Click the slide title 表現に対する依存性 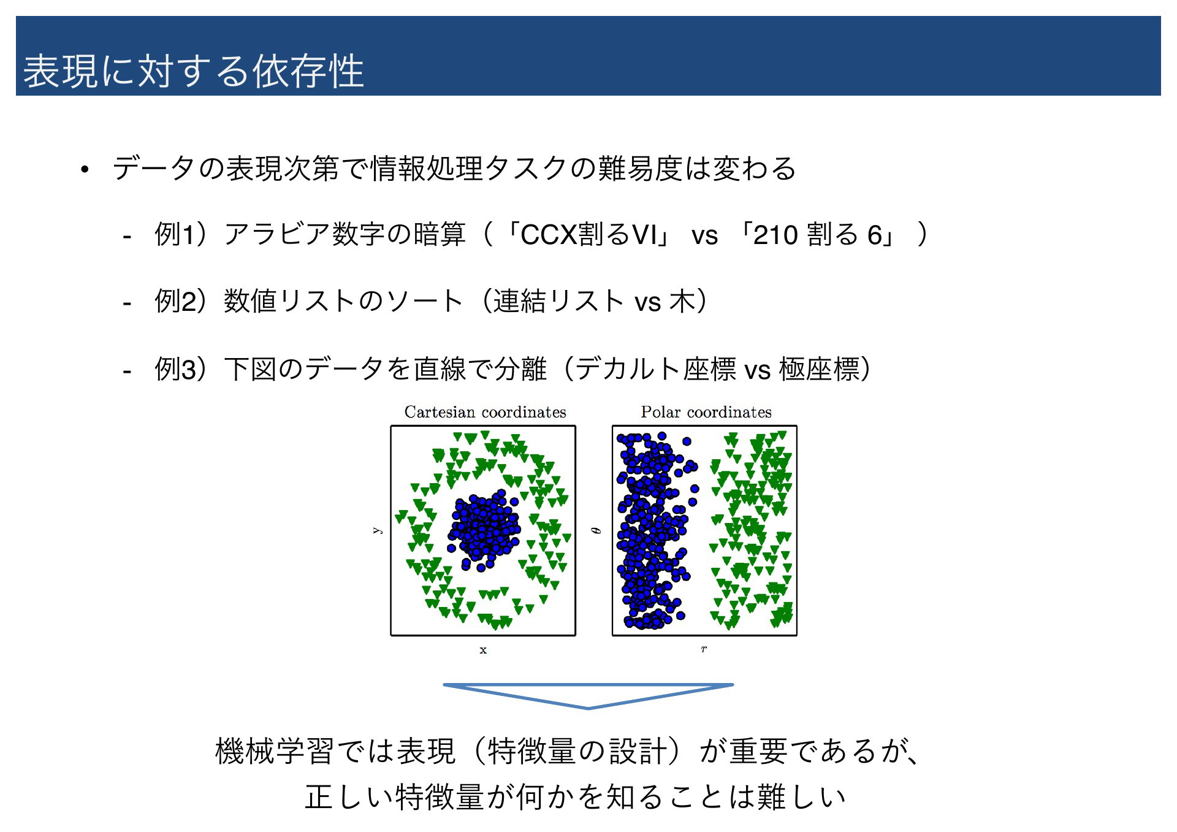(194, 71)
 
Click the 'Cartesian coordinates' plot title (485, 412)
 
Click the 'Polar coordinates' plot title (706, 412)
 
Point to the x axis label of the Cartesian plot (483, 650)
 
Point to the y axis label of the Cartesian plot (378, 530)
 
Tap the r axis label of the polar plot (704, 649)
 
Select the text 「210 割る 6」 (816, 235)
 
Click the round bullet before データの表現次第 (85, 170)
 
